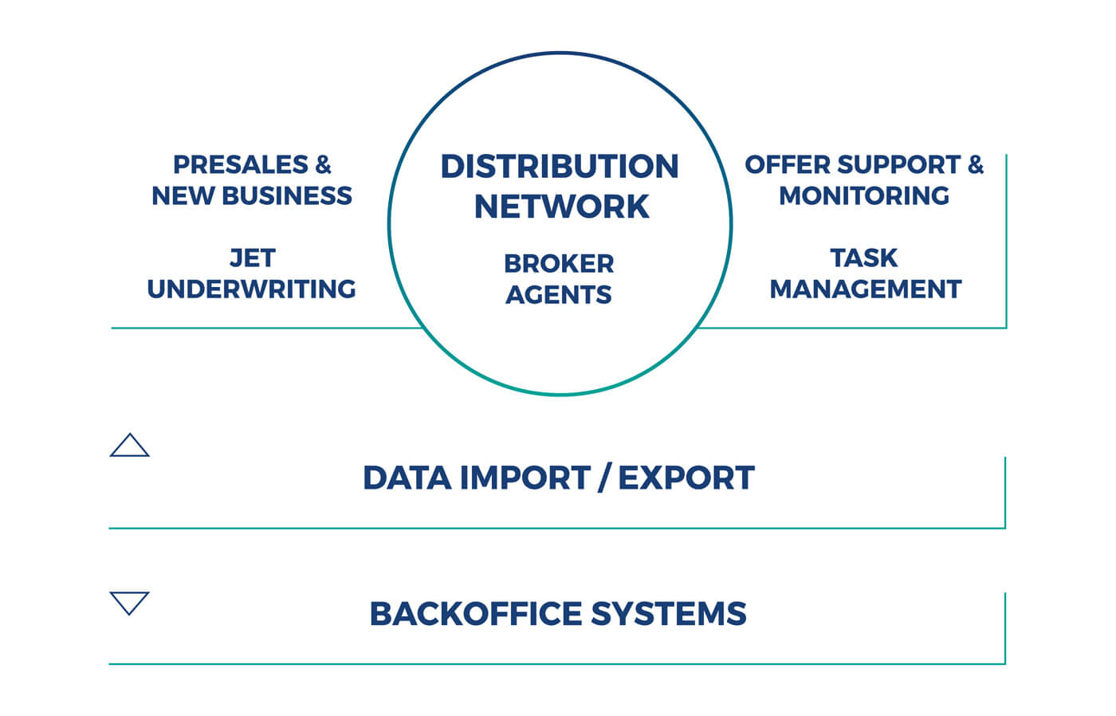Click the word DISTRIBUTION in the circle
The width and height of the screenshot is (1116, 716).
[x=560, y=167]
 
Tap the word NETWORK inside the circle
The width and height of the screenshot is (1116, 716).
[x=562, y=207]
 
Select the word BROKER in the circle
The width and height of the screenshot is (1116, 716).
[x=559, y=263]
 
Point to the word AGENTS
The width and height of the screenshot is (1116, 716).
[x=559, y=295]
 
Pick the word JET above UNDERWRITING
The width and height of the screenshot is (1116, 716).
[x=252, y=258]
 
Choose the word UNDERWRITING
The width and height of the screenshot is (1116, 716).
[x=252, y=289]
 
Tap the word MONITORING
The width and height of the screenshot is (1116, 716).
[x=864, y=196]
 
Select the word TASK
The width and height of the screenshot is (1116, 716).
[x=864, y=258]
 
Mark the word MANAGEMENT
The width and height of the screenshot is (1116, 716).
[x=866, y=289]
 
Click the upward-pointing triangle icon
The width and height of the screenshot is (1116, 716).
[x=129, y=447]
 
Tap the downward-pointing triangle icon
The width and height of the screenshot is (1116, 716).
[x=129, y=602]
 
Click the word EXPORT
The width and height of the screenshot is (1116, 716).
[x=686, y=478]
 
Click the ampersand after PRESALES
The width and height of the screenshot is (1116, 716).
[x=323, y=165]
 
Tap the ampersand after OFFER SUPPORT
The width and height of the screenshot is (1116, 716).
[x=976, y=165]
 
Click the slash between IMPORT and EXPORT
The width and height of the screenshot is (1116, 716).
[x=605, y=478]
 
